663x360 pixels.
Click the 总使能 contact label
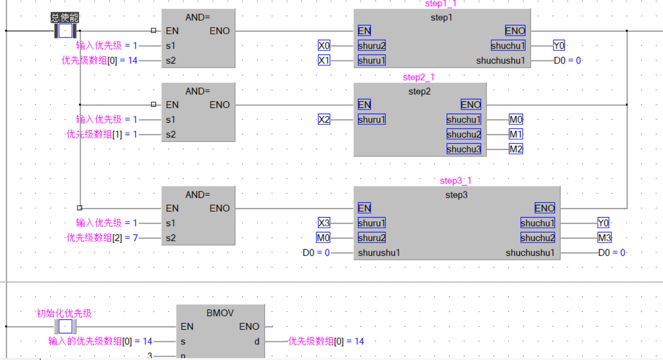[64, 18]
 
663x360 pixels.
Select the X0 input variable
[324, 46]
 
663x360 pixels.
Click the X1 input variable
[324, 60]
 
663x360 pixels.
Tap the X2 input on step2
[324, 119]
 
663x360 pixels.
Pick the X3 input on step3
[324, 223]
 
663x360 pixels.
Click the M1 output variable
[516, 134]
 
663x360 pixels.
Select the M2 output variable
[516, 149]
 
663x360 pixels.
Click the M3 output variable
[604, 238]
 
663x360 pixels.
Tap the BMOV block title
[220, 313]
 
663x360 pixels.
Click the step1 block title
[441, 18]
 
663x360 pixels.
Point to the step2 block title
[419, 92]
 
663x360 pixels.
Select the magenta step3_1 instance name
[455, 181]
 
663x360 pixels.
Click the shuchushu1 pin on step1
[500, 61]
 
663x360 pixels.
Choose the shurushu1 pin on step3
[379, 253]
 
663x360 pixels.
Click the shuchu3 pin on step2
[463, 149]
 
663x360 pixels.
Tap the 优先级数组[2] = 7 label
[102, 238]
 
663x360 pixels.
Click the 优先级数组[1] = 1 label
[102, 134]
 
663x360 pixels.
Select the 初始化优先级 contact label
[64, 314]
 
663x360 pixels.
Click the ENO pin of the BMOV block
[249, 326]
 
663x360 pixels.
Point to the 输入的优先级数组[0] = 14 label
[100, 341]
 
